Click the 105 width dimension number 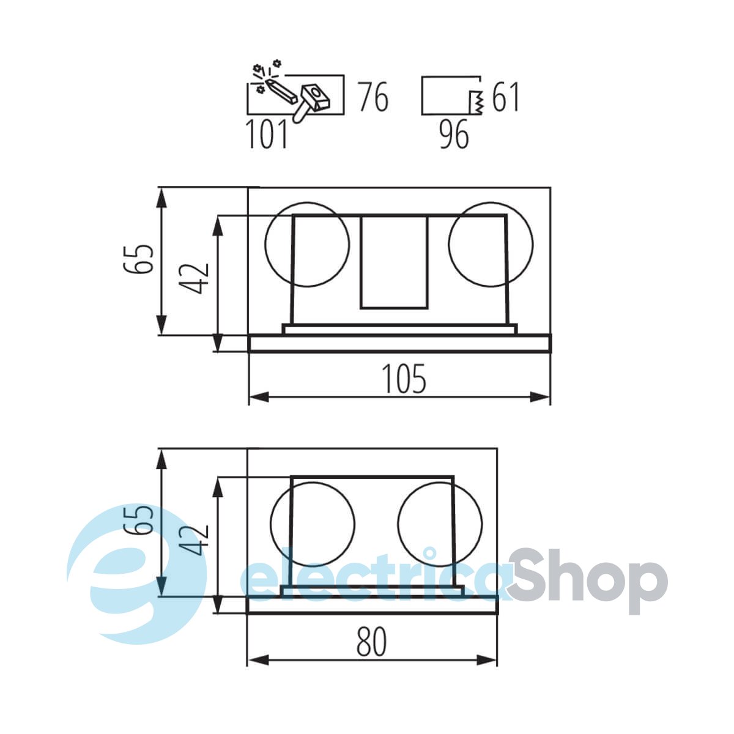[405, 379]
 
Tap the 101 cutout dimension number [267, 134]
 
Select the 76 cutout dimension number [373, 97]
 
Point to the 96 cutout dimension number [454, 134]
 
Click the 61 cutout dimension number [505, 97]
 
